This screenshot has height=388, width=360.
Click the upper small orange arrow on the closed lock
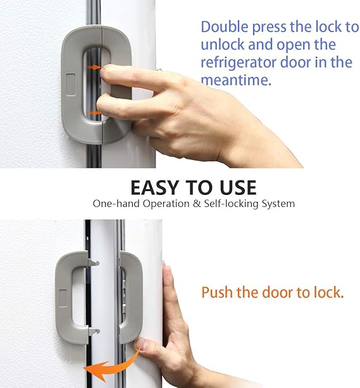point(94,66)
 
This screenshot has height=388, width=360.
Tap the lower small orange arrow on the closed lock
point(94,113)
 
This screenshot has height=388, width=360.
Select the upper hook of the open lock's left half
point(92,261)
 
